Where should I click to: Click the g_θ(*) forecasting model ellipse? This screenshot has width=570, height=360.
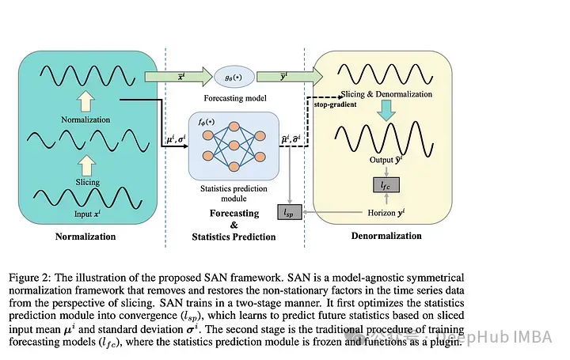[x=234, y=77]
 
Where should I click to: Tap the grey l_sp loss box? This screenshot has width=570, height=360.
[x=290, y=212]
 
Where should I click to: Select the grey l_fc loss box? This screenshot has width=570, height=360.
[x=386, y=185]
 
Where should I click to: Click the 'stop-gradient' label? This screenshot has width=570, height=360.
[x=335, y=104]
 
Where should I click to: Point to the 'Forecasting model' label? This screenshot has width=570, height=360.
[x=235, y=98]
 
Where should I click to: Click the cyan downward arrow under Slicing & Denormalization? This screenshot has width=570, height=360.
[x=386, y=111]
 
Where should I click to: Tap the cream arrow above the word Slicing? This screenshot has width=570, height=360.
[x=86, y=165]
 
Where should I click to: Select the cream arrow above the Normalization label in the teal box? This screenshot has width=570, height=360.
[x=86, y=101]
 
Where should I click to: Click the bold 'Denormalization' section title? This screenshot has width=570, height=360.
[x=386, y=236]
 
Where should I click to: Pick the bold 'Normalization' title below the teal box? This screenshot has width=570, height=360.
[x=85, y=237]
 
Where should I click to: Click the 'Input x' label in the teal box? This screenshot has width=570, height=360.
[x=87, y=214]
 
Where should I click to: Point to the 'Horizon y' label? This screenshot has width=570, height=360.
[x=386, y=213]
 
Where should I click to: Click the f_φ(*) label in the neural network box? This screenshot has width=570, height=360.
[x=207, y=122]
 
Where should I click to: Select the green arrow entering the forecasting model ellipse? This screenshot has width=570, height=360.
[x=178, y=77]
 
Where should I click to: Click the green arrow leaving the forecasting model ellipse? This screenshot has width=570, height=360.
[x=290, y=77]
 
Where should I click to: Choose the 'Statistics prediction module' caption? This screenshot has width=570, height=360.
[x=234, y=194]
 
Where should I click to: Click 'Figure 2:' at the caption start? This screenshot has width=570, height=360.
[x=30, y=278]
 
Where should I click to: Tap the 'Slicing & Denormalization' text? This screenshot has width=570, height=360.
[x=386, y=94]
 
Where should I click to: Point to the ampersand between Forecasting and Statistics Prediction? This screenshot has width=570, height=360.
[x=234, y=225]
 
